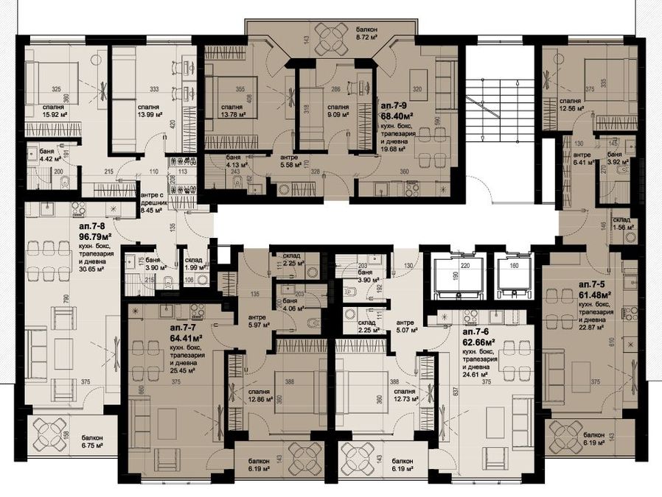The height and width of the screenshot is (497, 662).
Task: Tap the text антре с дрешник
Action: coord(154,195)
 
